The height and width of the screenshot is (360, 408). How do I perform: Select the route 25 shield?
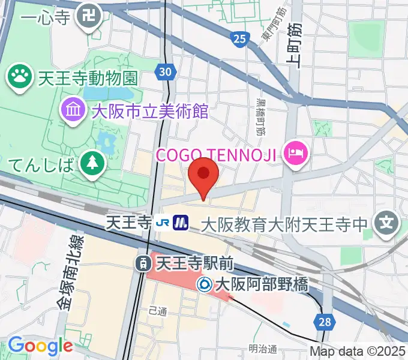(x=239, y=40)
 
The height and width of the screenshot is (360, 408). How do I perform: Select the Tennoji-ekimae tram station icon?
(x=143, y=262)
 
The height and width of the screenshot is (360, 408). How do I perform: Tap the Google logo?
(x=40, y=346)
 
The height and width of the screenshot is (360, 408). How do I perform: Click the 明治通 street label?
(x=263, y=349)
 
